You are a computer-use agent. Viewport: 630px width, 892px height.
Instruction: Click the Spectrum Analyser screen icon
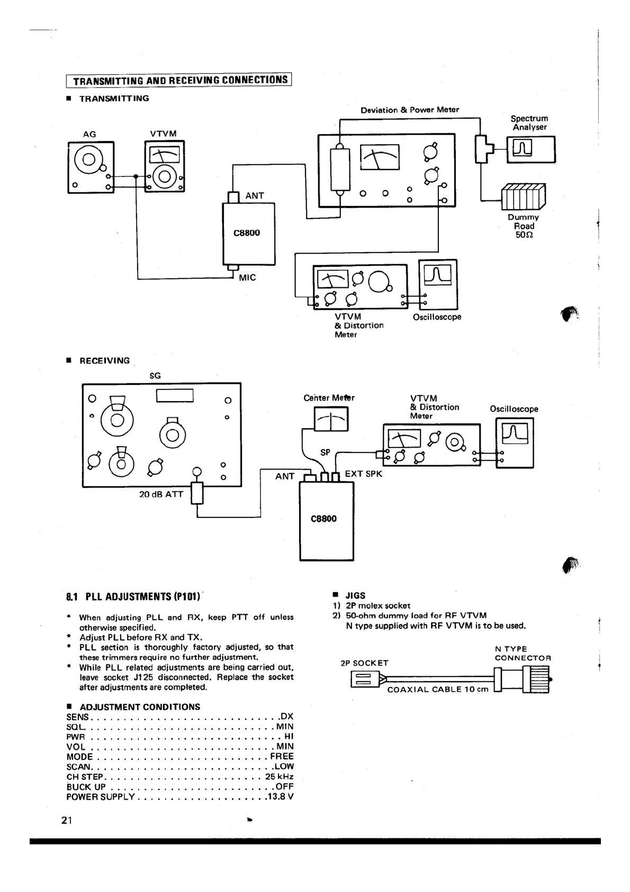531,149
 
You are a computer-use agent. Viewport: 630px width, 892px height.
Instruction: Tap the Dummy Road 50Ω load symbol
523,197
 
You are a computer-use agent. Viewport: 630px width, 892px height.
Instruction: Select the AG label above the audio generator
89,134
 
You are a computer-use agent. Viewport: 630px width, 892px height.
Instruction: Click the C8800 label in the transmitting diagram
247,233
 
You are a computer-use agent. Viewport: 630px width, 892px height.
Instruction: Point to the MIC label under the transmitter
247,278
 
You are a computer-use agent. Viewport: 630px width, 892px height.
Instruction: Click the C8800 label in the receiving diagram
323,519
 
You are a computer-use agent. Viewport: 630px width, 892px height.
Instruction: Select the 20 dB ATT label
161,494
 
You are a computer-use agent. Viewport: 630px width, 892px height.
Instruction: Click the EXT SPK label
363,474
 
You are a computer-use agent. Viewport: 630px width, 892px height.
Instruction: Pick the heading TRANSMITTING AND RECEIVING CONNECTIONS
180,81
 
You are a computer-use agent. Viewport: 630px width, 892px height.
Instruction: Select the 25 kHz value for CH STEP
279,777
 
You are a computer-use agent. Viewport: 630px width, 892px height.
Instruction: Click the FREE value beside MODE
282,756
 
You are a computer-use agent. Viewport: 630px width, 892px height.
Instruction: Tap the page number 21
66,820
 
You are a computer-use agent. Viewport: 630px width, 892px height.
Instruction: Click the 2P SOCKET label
364,663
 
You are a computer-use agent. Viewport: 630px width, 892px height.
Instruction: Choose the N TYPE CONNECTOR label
523,653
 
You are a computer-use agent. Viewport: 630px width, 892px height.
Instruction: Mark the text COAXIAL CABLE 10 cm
438,689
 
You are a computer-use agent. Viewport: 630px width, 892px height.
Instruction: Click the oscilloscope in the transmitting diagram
438,284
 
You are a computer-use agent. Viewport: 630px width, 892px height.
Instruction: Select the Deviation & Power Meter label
410,110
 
